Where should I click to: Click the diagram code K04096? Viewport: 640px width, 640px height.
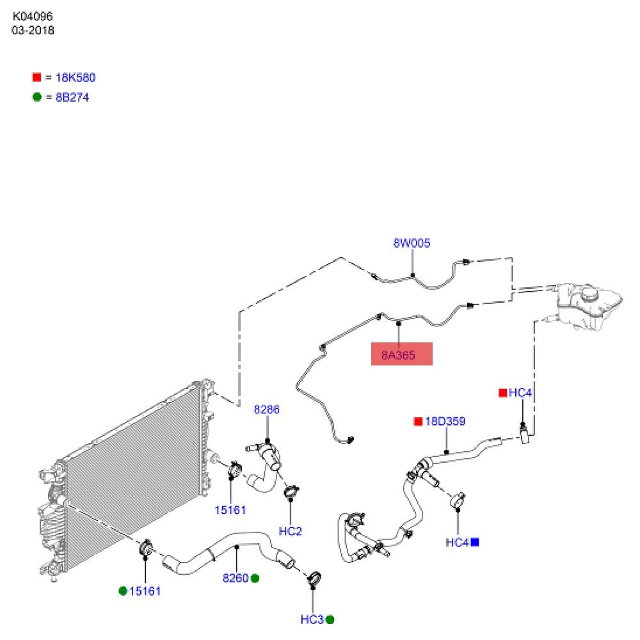click(x=33, y=17)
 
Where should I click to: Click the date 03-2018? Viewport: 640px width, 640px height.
click(x=33, y=30)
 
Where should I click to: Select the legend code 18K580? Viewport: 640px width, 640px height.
click(x=75, y=77)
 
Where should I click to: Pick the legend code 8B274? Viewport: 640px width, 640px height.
click(x=72, y=97)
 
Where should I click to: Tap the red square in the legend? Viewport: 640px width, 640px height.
click(x=36, y=77)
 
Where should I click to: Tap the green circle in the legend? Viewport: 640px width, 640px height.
click(x=36, y=97)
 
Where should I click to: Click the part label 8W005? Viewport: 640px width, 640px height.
click(x=412, y=243)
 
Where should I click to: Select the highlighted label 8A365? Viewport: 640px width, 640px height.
click(x=398, y=355)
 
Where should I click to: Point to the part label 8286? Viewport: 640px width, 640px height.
click(x=266, y=410)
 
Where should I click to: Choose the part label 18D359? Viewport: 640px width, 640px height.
click(x=445, y=421)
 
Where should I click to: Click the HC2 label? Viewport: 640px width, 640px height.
click(x=290, y=531)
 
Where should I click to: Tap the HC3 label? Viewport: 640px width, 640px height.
click(x=312, y=620)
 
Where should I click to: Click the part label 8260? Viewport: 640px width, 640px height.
click(x=236, y=578)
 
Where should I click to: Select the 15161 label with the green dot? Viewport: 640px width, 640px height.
click(x=145, y=591)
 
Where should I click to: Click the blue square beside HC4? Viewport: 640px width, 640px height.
click(x=475, y=542)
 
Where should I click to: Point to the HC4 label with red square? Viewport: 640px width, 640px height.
click(x=520, y=393)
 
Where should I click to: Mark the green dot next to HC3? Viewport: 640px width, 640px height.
click(x=330, y=620)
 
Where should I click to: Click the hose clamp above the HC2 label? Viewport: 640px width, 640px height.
click(x=291, y=492)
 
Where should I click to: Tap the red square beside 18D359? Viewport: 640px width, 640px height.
click(x=418, y=421)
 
